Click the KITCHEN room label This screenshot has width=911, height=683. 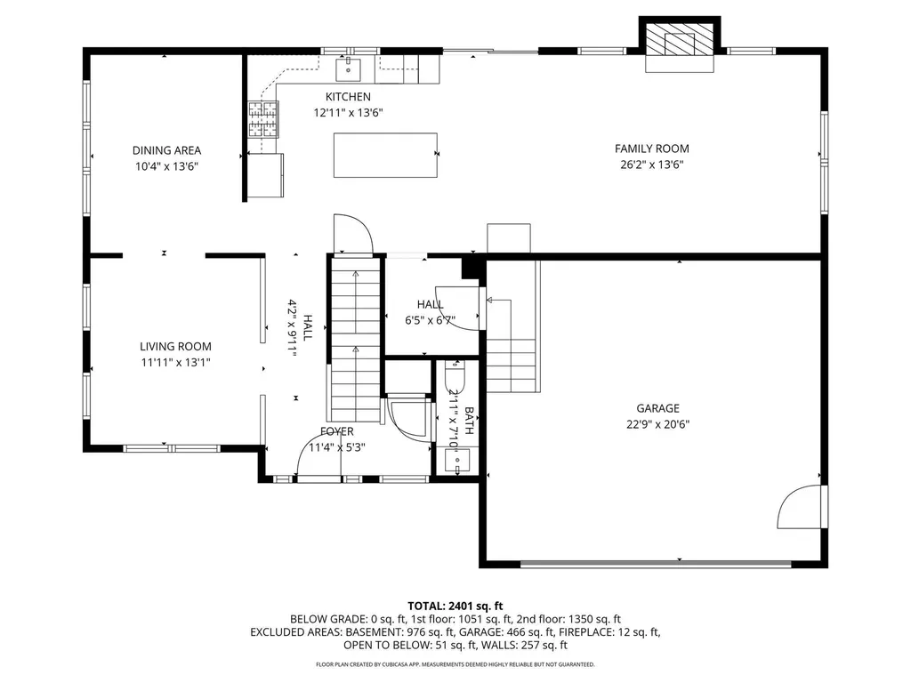[x=348, y=97]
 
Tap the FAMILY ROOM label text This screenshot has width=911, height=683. [x=651, y=149]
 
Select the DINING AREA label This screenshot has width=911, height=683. [x=166, y=150]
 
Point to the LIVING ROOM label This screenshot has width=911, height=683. [x=175, y=347]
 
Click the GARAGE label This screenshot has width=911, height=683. [x=657, y=408]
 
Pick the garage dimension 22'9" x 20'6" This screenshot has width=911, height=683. [x=657, y=424]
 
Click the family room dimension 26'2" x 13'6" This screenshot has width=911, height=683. [x=651, y=165]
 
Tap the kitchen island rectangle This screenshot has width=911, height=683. [x=385, y=156]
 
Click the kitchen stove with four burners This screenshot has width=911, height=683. [x=262, y=119]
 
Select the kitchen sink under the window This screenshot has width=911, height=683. [x=347, y=67]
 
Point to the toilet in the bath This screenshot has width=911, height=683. [x=455, y=377]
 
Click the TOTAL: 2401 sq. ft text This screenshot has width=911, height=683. [x=455, y=606]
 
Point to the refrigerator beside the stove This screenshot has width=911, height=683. [x=265, y=174]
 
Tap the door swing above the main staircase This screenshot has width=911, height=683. [x=352, y=235]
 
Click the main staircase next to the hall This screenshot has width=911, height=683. [x=355, y=338]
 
